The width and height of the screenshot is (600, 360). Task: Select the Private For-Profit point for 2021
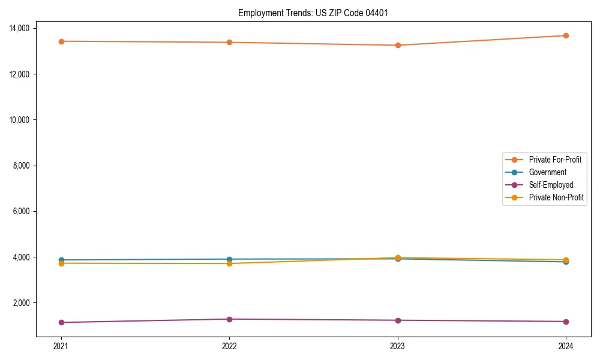click(x=61, y=41)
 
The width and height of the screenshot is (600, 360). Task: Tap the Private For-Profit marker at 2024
click(x=566, y=35)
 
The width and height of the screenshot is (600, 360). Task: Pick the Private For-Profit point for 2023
click(x=398, y=45)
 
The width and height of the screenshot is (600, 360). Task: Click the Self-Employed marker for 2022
click(x=229, y=319)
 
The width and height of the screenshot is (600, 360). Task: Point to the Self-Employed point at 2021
click(x=61, y=322)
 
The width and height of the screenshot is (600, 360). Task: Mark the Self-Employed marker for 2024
click(x=566, y=322)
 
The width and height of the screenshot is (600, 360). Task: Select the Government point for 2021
click(x=61, y=260)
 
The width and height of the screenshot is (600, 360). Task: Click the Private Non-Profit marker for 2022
click(x=229, y=263)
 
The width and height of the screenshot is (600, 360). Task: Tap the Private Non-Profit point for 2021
click(x=61, y=263)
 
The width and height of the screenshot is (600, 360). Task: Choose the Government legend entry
click(x=547, y=172)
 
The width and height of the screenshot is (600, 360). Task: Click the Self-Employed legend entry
click(x=551, y=185)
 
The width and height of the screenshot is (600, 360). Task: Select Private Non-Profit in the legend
click(x=556, y=197)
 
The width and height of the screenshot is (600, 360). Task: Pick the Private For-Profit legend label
click(x=554, y=160)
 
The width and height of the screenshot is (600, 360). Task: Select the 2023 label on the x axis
click(x=398, y=346)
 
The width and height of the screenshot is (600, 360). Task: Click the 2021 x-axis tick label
click(x=61, y=346)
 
